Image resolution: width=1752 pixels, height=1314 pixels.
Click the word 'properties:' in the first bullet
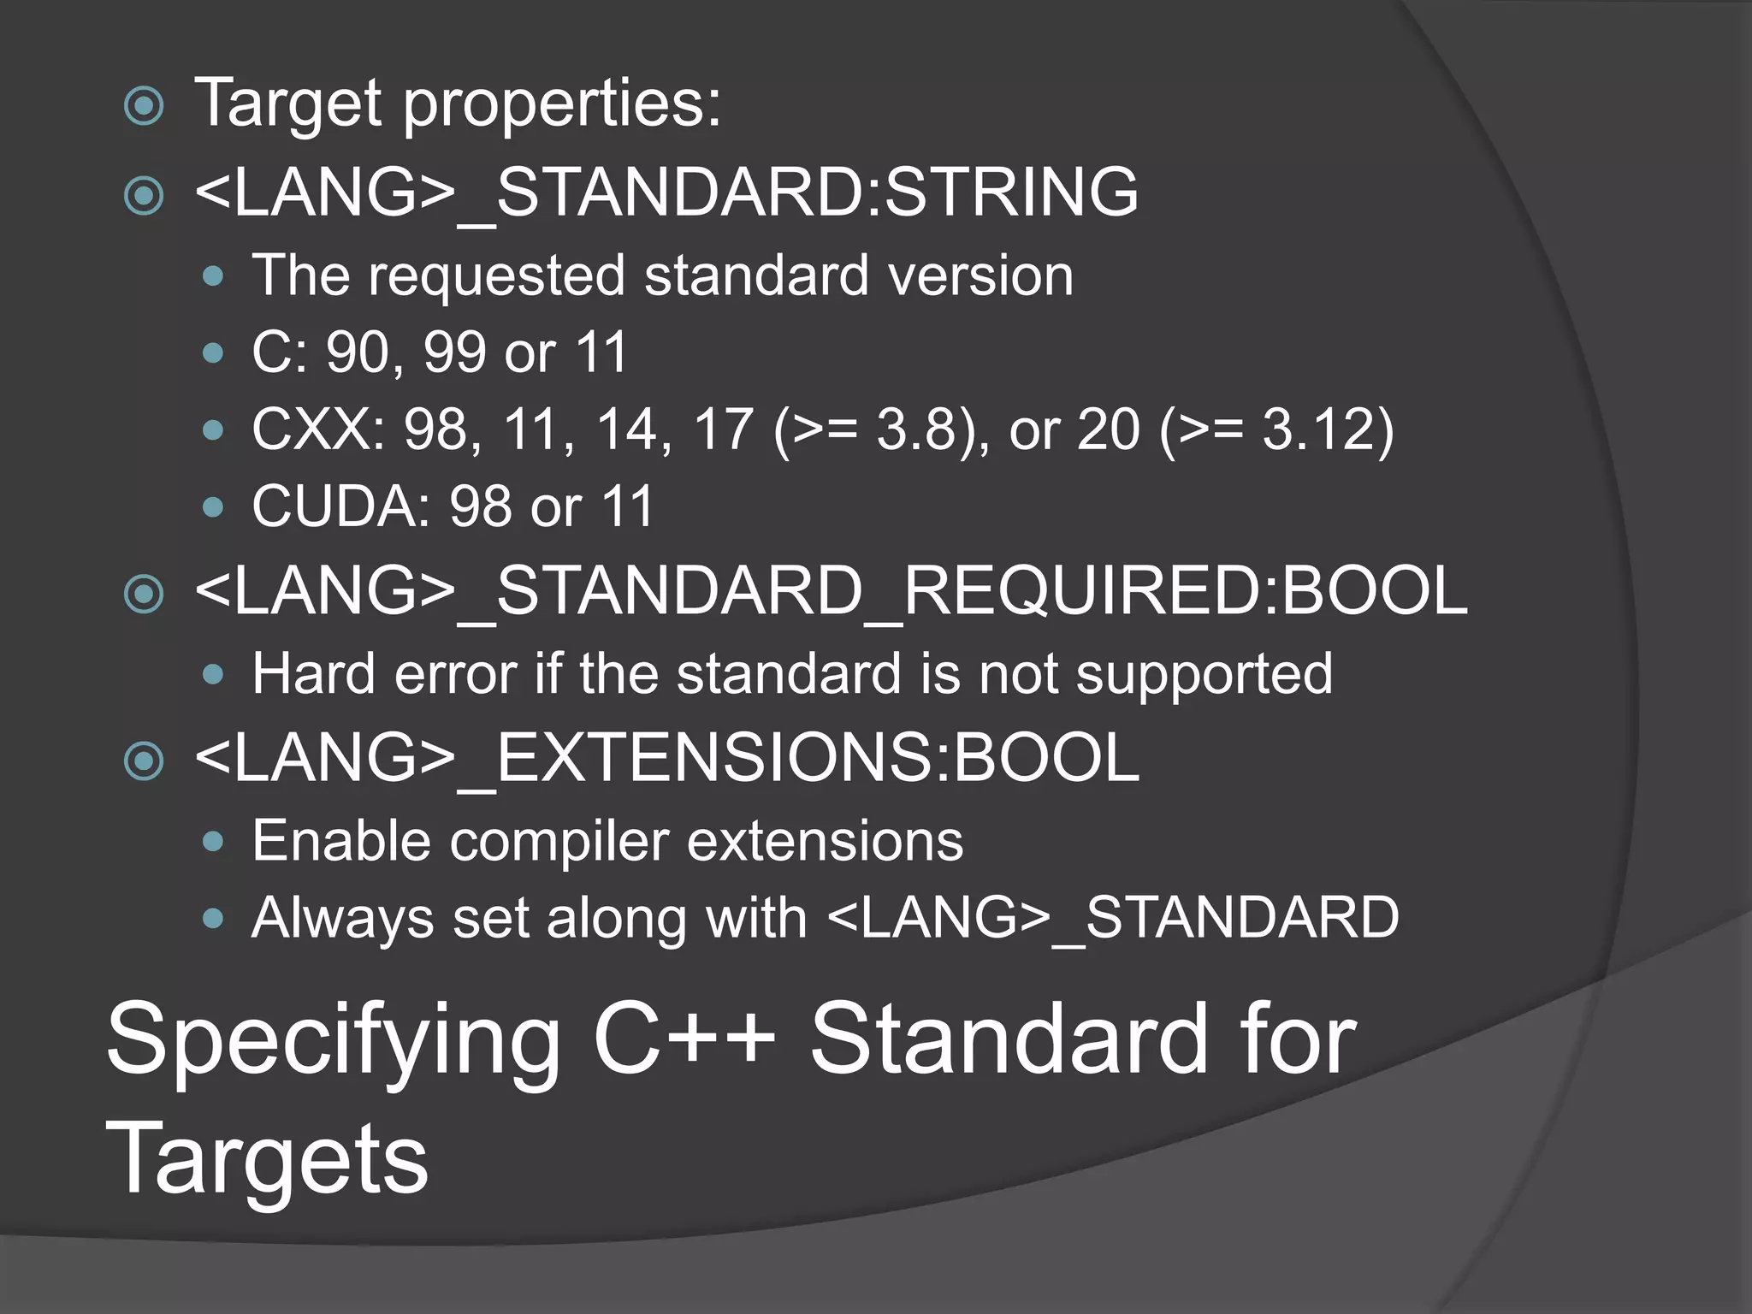point(562,104)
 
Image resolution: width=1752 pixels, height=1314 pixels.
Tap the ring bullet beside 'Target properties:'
point(144,107)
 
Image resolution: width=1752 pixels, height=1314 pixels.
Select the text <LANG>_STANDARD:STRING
point(666,192)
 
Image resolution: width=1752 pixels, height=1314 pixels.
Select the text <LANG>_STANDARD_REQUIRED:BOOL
point(831,591)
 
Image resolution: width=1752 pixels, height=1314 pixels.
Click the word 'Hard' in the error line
point(313,674)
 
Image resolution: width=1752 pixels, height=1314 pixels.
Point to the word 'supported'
point(1204,674)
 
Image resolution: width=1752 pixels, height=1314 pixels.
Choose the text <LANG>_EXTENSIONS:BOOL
point(666,758)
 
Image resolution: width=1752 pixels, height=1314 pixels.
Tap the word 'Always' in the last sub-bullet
point(342,918)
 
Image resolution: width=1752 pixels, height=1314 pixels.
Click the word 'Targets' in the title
point(267,1159)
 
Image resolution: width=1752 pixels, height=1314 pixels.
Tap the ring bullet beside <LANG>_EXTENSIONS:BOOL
point(144,760)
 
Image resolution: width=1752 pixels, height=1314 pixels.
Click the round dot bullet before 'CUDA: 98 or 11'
point(213,507)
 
